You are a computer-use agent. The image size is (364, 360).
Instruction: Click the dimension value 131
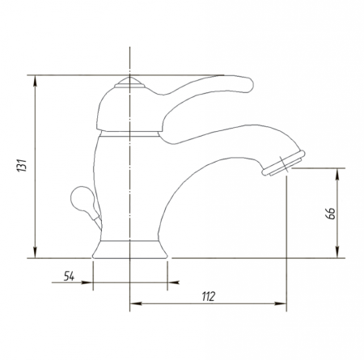22,165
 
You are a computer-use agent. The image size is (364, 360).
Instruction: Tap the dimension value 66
331,213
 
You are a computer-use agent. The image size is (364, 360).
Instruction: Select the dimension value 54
69,276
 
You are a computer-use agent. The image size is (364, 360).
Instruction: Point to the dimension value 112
209,296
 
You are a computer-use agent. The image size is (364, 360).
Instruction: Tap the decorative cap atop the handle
129,83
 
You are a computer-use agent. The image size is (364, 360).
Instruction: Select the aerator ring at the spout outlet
284,163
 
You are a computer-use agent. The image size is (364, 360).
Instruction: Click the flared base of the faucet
130,249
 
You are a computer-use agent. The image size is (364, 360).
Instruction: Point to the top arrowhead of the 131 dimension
35,81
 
